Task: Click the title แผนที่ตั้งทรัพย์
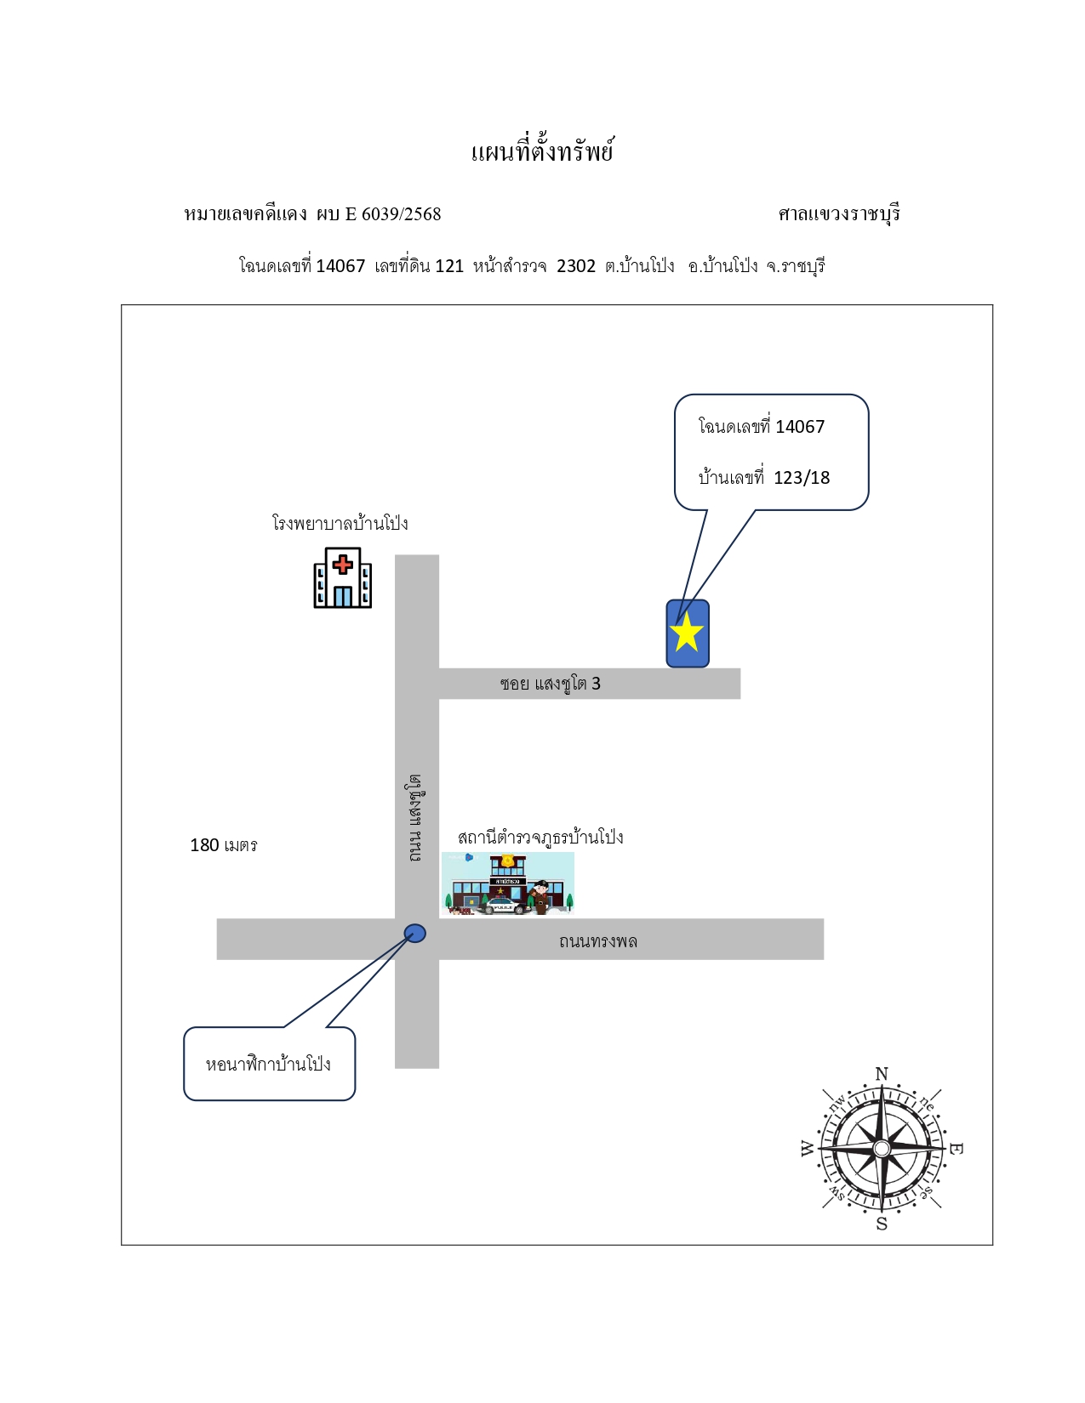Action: (542, 151)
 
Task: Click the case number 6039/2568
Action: (402, 213)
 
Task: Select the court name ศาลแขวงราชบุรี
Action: (839, 213)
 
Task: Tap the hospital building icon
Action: (342, 578)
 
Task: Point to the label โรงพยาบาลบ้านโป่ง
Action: (340, 522)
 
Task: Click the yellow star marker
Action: (686, 632)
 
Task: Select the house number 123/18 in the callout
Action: (802, 478)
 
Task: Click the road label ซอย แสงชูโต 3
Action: (551, 683)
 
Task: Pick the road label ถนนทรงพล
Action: (598, 940)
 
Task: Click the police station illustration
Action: (508, 883)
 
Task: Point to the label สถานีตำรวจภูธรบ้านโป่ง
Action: (540, 838)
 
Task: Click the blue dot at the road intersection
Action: (415, 933)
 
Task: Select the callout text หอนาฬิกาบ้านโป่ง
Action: (268, 1064)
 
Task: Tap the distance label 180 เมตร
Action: (224, 845)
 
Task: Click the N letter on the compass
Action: (882, 1074)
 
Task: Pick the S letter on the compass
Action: (882, 1224)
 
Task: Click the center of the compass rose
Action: (882, 1149)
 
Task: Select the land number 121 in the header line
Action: (449, 266)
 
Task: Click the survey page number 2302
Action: (576, 266)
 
